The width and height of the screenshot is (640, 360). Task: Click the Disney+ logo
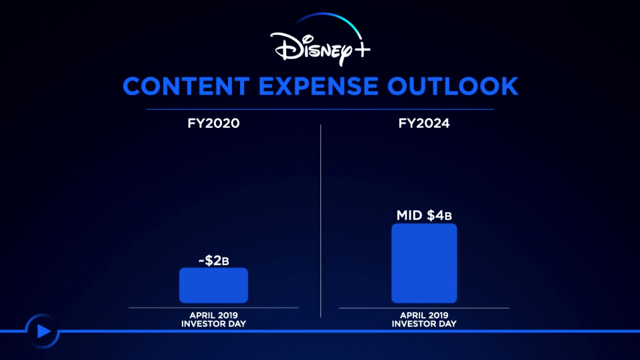click(320, 40)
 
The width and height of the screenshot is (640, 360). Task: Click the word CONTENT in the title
click(186, 86)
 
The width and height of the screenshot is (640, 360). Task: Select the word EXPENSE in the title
click(318, 86)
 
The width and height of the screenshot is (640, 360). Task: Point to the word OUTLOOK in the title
click(453, 86)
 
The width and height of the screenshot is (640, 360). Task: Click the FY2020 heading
click(213, 123)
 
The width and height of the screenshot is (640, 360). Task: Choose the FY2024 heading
click(424, 123)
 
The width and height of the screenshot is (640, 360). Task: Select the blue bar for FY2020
click(213, 285)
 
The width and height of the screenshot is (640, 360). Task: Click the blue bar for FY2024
click(424, 263)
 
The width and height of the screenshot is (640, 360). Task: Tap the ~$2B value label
click(213, 260)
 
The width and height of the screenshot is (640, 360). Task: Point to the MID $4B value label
click(424, 215)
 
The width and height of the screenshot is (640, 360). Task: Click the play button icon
click(42, 331)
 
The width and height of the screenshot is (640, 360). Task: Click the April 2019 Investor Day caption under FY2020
click(213, 320)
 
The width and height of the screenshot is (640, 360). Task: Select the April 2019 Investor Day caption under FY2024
click(424, 320)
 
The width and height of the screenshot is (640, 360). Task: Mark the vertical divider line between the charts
click(321, 221)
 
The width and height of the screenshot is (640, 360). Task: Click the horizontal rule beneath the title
click(320, 110)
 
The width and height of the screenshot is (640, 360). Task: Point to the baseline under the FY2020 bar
click(213, 308)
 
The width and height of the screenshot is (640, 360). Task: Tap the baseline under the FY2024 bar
click(424, 308)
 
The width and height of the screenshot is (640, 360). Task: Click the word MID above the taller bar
click(409, 215)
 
